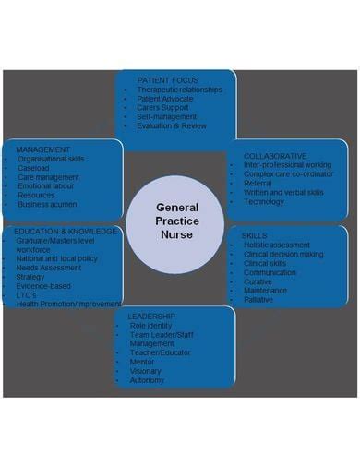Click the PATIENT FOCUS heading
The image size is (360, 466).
click(x=167, y=80)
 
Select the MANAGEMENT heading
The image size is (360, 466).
click(x=42, y=148)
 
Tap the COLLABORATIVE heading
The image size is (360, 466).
click(x=275, y=156)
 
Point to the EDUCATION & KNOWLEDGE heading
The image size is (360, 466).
click(x=65, y=231)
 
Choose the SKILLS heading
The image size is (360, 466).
click(x=254, y=235)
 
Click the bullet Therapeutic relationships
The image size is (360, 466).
click(x=179, y=90)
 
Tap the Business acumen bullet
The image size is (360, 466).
click(x=49, y=205)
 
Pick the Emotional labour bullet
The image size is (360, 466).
click(x=48, y=185)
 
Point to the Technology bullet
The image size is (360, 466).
click(x=264, y=201)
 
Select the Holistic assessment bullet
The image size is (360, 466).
click(x=278, y=245)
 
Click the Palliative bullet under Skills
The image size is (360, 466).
click(x=259, y=299)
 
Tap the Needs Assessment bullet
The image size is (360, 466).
click(x=49, y=268)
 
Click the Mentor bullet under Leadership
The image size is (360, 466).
click(x=143, y=362)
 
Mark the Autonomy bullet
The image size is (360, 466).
click(x=148, y=380)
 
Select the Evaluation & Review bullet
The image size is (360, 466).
click(x=173, y=125)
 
